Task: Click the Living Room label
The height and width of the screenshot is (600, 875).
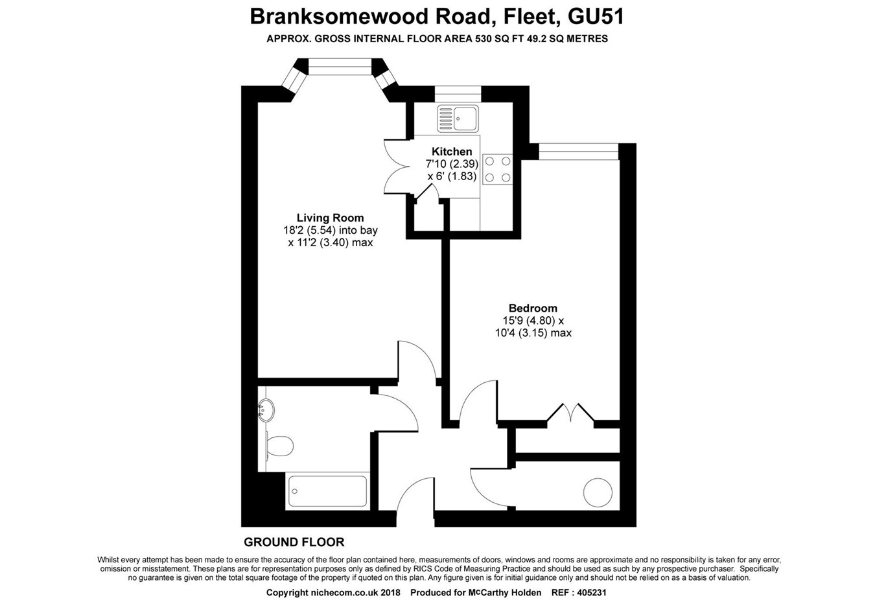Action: pyautogui.click(x=330, y=218)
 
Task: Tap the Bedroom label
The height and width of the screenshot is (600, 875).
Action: pyautogui.click(x=532, y=308)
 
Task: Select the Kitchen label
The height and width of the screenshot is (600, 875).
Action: pyautogui.click(x=452, y=152)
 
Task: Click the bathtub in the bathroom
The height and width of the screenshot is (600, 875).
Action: pyautogui.click(x=327, y=491)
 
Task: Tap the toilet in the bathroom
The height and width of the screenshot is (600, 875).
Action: pyautogui.click(x=279, y=446)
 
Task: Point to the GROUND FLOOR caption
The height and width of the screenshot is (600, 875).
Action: pyautogui.click(x=294, y=542)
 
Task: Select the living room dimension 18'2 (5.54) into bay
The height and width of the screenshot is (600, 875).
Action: pyautogui.click(x=330, y=230)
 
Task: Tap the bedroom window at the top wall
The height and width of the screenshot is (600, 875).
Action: pyautogui.click(x=578, y=154)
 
